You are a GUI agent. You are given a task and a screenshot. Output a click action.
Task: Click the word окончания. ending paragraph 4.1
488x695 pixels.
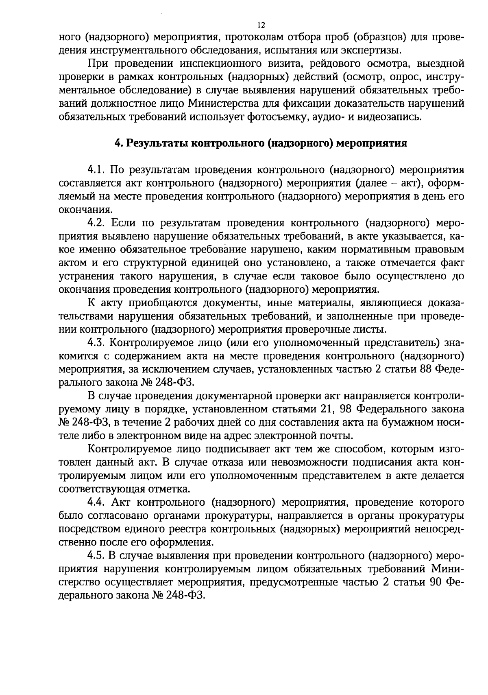[x=85, y=210]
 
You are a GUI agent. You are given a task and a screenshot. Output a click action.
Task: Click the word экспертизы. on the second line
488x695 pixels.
[x=368, y=50]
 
